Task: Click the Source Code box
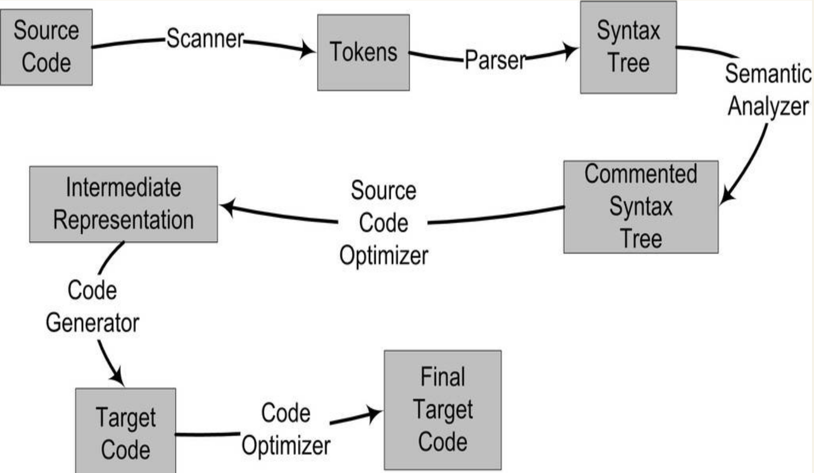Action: click(46, 47)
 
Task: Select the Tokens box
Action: click(363, 52)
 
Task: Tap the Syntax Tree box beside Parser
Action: click(628, 47)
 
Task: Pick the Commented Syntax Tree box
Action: click(641, 207)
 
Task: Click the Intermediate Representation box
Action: click(123, 204)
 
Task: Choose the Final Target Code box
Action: click(443, 410)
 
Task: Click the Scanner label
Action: click(205, 39)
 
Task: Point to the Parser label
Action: click(496, 60)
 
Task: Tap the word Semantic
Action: click(768, 73)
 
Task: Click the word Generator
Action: click(92, 323)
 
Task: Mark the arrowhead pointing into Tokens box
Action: click(307, 49)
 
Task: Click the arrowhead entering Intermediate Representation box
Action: click(228, 207)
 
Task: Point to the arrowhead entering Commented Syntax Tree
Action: click(727, 196)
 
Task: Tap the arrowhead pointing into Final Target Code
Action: click(374, 414)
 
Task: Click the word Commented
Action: click(641, 174)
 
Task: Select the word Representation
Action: click(123, 220)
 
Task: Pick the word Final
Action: click(443, 377)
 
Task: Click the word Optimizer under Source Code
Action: click(384, 255)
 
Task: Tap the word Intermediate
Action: click(123, 187)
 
